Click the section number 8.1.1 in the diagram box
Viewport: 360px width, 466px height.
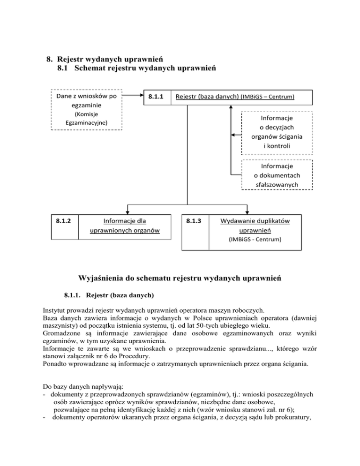156,97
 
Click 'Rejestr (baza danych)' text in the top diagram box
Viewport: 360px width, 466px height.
208,97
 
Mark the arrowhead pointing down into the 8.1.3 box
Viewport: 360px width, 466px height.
247,212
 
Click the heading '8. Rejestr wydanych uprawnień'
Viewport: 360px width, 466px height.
104,60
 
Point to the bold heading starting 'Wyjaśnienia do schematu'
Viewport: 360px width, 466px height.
180,278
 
